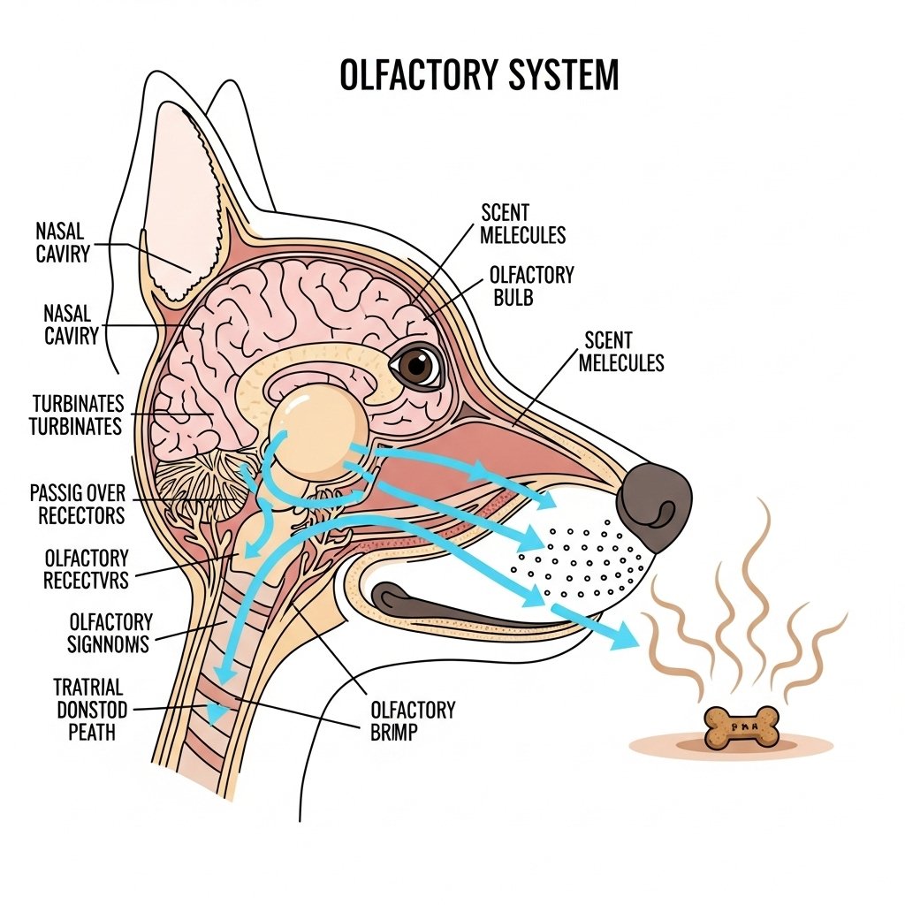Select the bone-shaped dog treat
click(x=741, y=727)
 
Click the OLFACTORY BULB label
click(x=531, y=285)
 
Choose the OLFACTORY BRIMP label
click(x=413, y=720)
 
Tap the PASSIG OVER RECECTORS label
click(x=77, y=504)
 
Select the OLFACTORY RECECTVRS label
click(x=86, y=569)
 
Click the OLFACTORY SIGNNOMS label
click(x=110, y=633)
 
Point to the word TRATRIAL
click(x=87, y=687)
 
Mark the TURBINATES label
click(x=77, y=415)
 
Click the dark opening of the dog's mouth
click(x=460, y=605)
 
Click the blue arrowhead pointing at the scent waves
click(x=623, y=633)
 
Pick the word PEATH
click(x=85, y=732)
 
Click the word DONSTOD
click(x=91, y=710)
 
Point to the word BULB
click(x=513, y=297)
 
